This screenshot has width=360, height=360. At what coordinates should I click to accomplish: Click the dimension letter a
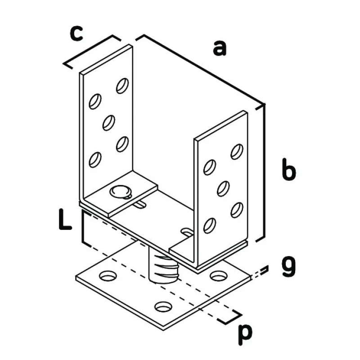(x=220, y=48)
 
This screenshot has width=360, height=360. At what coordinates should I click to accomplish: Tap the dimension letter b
(x=289, y=169)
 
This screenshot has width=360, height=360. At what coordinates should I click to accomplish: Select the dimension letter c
(x=76, y=34)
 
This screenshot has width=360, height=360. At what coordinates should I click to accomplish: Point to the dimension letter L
(x=65, y=219)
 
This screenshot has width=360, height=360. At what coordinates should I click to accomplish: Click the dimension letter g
(x=288, y=268)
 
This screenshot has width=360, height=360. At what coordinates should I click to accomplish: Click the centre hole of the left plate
(x=109, y=123)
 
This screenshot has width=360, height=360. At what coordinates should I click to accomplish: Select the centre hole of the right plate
(x=223, y=189)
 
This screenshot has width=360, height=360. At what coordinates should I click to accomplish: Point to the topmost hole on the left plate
(x=122, y=86)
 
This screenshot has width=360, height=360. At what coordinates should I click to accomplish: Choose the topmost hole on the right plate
(x=237, y=152)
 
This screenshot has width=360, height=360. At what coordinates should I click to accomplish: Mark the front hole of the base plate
(x=163, y=306)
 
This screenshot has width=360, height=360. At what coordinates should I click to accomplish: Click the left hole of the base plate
(x=108, y=276)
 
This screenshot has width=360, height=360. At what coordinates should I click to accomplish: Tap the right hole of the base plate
(x=219, y=276)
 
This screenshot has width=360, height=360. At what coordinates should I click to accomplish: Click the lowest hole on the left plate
(x=95, y=160)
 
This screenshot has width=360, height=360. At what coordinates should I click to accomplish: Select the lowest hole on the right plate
(x=210, y=226)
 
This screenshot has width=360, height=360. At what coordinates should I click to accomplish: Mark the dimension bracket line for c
(x=92, y=52)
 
